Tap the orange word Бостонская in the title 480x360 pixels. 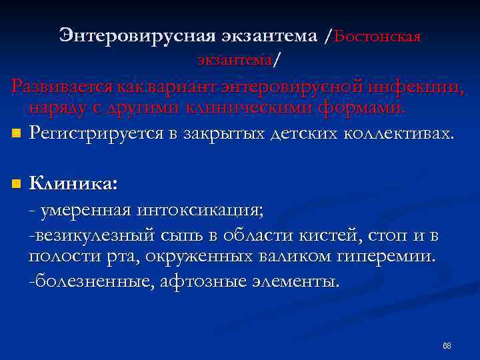[x=377, y=37]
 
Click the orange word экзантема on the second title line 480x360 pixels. [x=234, y=60]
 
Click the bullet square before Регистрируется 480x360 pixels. [x=15, y=134]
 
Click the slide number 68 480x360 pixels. [x=447, y=346]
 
